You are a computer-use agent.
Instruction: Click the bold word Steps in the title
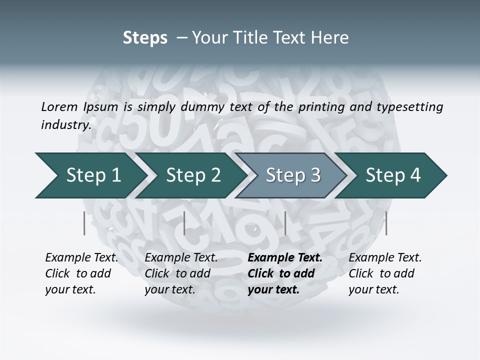click(x=145, y=38)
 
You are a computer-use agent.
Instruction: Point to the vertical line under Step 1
click(x=84, y=223)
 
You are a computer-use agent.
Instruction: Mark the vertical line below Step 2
click(x=184, y=223)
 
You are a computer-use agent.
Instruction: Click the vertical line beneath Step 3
click(x=285, y=223)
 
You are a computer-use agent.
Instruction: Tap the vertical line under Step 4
click(x=386, y=223)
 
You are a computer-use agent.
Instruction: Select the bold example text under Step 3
click(x=285, y=273)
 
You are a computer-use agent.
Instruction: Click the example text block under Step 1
click(x=81, y=273)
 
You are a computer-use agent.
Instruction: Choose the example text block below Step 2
click(x=181, y=273)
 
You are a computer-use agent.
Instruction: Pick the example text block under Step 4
click(x=385, y=273)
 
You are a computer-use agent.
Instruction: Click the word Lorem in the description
click(x=59, y=107)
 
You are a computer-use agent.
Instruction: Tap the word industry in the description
click(x=66, y=125)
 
